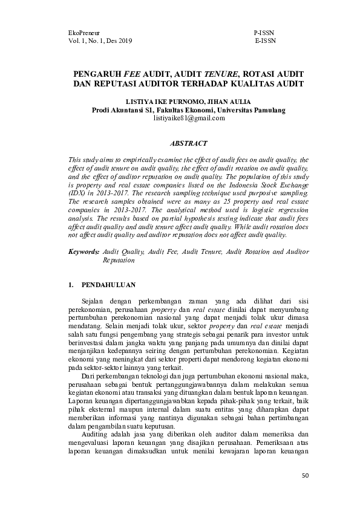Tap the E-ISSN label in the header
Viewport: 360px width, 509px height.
[x=265, y=41]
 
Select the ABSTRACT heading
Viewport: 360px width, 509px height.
[x=189, y=143]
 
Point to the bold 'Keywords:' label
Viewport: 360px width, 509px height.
[x=83, y=250]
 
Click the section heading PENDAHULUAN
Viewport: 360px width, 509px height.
[x=108, y=284]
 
